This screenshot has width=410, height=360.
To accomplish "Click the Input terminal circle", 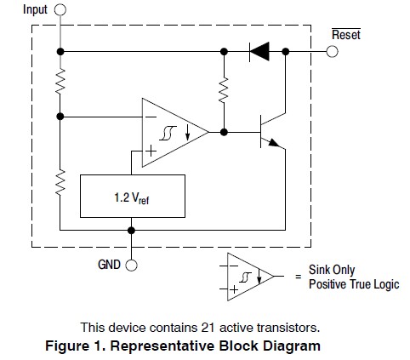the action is point(60,9).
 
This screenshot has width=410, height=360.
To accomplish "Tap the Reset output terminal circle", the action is point(332,52).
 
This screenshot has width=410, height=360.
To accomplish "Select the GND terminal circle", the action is point(131,266).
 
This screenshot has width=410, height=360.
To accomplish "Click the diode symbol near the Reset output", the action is point(259,52).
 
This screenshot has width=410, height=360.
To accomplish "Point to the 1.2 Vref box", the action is point(133,197).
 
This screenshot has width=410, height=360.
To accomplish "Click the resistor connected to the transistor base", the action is point(224,89).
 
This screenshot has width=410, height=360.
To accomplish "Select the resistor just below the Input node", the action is point(60,81).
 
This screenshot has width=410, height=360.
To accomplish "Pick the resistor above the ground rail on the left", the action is point(60,182).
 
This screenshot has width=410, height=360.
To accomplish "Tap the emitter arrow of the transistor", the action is point(274,143).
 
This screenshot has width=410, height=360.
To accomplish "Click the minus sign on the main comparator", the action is point(151,117).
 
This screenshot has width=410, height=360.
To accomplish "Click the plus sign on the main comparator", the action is point(151,151).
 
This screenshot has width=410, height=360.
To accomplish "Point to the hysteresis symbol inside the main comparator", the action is point(168,133).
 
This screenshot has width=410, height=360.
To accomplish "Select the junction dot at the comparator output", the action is point(224,132).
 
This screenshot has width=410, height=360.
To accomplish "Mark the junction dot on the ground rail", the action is point(131,230).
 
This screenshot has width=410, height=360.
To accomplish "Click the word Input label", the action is point(35,9).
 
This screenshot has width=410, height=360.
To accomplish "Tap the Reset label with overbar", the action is point(346,34).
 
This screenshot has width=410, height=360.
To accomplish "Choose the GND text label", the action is point(109,265).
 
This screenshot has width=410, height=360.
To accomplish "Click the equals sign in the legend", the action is point(298,276).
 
